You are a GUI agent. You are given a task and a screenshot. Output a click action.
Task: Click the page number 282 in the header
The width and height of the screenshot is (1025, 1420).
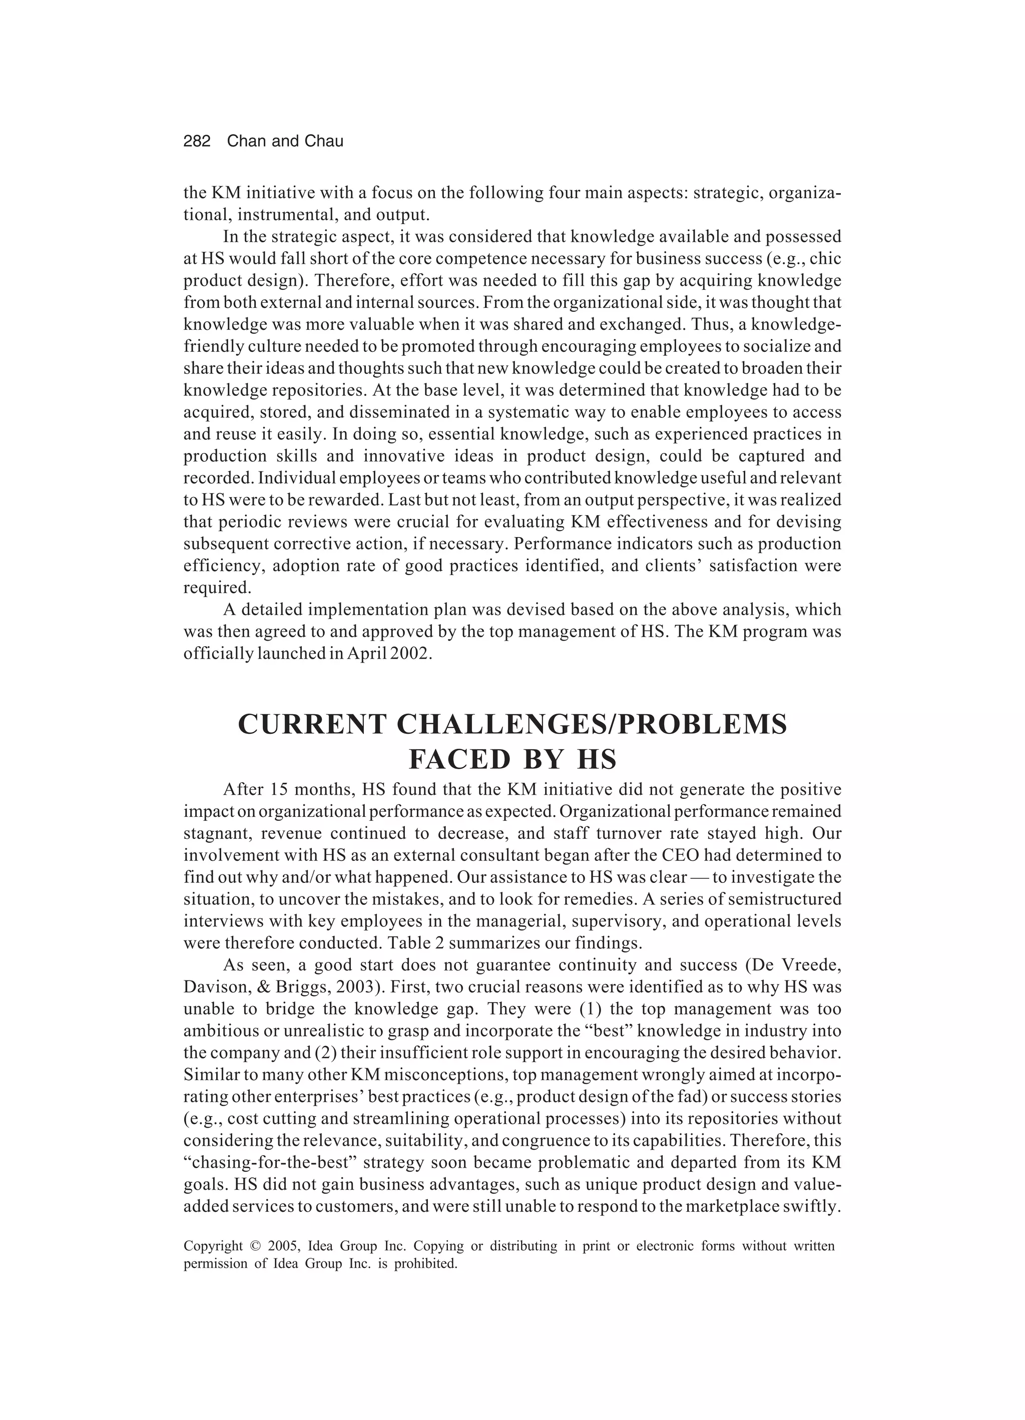coord(197,142)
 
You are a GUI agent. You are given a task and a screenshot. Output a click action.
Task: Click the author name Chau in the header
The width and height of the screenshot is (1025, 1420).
coord(324,142)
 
